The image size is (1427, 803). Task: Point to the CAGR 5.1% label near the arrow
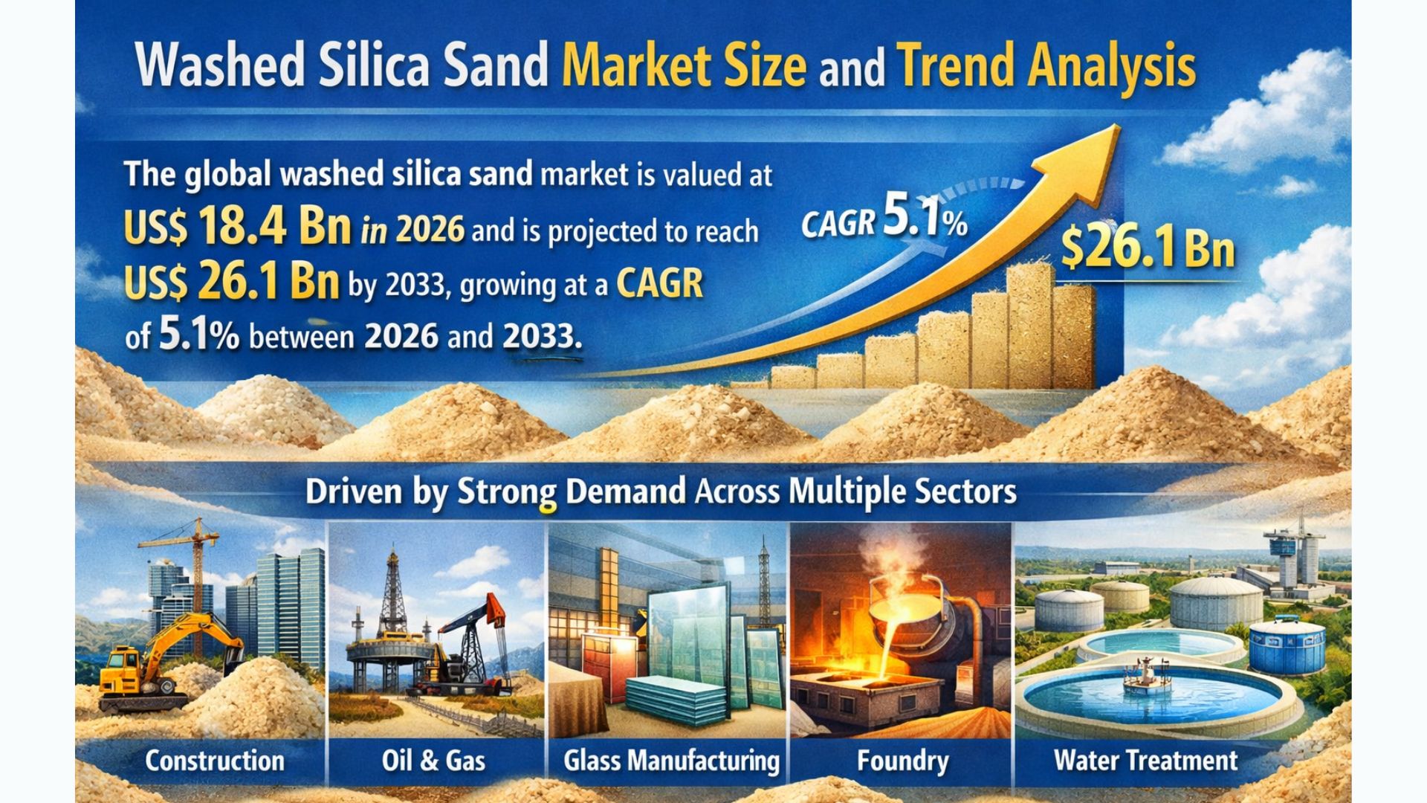tap(884, 219)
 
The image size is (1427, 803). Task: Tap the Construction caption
tap(215, 761)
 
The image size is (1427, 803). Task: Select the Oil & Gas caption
tap(433, 761)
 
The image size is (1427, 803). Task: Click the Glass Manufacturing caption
tap(671, 761)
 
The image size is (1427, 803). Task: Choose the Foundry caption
tap(902, 761)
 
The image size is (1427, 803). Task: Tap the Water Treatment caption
tap(1145, 761)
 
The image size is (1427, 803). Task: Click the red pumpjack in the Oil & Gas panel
tap(476, 632)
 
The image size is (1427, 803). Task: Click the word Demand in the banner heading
tap(625, 492)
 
